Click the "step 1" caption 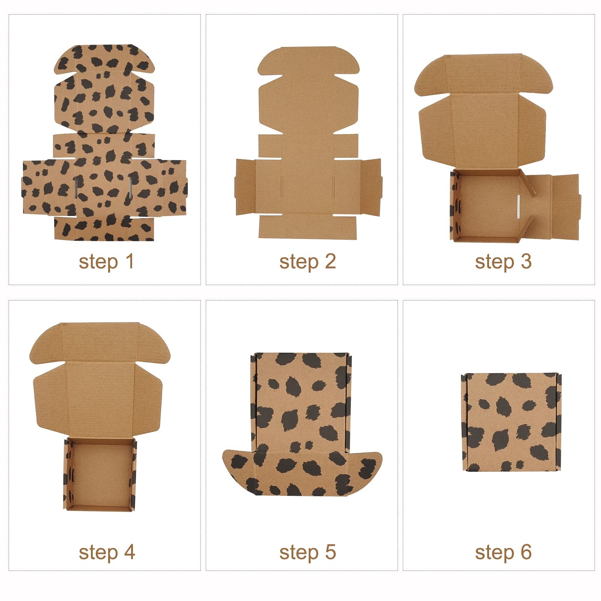point(106,262)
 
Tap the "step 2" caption point(308,262)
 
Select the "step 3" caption point(503,262)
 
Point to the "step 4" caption point(107,553)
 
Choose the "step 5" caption point(308,553)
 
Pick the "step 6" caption point(503,553)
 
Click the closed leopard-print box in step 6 point(511,422)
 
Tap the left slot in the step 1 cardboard point(76,186)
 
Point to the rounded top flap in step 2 point(308,60)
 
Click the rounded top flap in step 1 point(104,59)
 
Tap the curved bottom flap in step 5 point(302,473)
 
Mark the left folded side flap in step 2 point(245,187)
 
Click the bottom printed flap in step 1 point(104,228)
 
